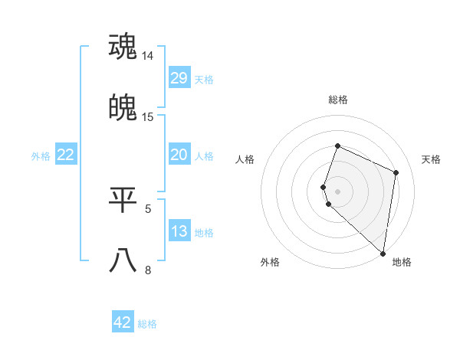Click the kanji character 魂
point(123,47)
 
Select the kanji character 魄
point(123,108)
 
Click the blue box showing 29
point(179,78)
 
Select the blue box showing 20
point(179,155)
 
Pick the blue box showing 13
point(179,231)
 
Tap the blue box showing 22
point(65,155)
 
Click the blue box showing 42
point(123,322)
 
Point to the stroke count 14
point(148,56)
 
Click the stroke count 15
point(148,117)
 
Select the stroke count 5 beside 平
point(148,208)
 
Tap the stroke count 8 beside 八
point(148,270)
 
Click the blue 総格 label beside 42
point(148,324)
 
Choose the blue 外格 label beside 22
point(41,156)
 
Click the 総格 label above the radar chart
point(337,100)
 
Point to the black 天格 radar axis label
point(432,159)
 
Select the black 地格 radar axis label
point(402,263)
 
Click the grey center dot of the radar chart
point(337,191)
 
